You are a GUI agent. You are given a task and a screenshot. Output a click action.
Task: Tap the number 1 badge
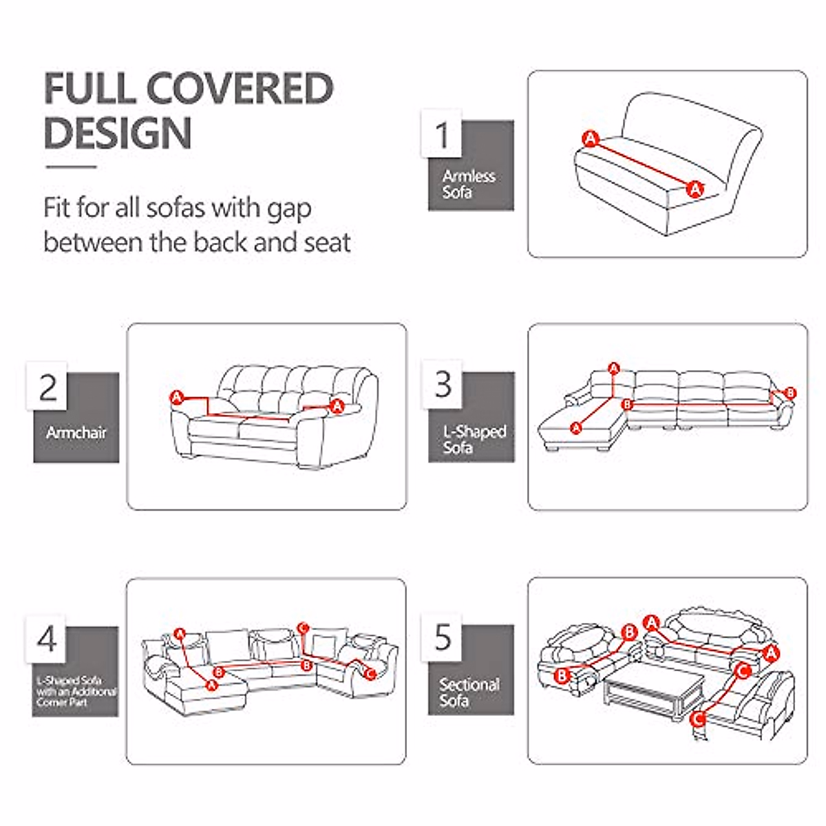click(441, 134)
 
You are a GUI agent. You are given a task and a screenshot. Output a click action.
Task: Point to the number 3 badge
click(443, 384)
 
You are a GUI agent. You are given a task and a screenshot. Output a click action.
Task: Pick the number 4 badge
click(47, 639)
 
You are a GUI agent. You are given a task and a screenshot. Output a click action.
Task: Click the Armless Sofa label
click(468, 184)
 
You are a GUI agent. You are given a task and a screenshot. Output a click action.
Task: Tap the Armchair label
click(76, 433)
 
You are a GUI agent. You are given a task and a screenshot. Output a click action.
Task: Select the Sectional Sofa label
click(469, 692)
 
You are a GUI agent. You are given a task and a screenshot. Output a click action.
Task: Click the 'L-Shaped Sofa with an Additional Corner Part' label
click(76, 690)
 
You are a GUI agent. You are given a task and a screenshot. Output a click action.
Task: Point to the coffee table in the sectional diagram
click(654, 688)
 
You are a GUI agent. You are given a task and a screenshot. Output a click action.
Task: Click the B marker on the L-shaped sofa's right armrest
click(790, 393)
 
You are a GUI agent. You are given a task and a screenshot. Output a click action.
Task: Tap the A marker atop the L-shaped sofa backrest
click(614, 369)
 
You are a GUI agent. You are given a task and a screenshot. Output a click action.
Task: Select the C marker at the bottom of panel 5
click(698, 719)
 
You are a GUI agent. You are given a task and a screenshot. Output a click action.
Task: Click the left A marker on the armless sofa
click(590, 138)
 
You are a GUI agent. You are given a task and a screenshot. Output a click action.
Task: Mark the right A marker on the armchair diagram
click(337, 406)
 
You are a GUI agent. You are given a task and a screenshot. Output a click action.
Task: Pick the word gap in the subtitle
click(288, 209)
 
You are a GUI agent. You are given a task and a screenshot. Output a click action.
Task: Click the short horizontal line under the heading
click(71, 167)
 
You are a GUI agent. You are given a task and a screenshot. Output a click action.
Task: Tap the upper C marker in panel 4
click(304, 627)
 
